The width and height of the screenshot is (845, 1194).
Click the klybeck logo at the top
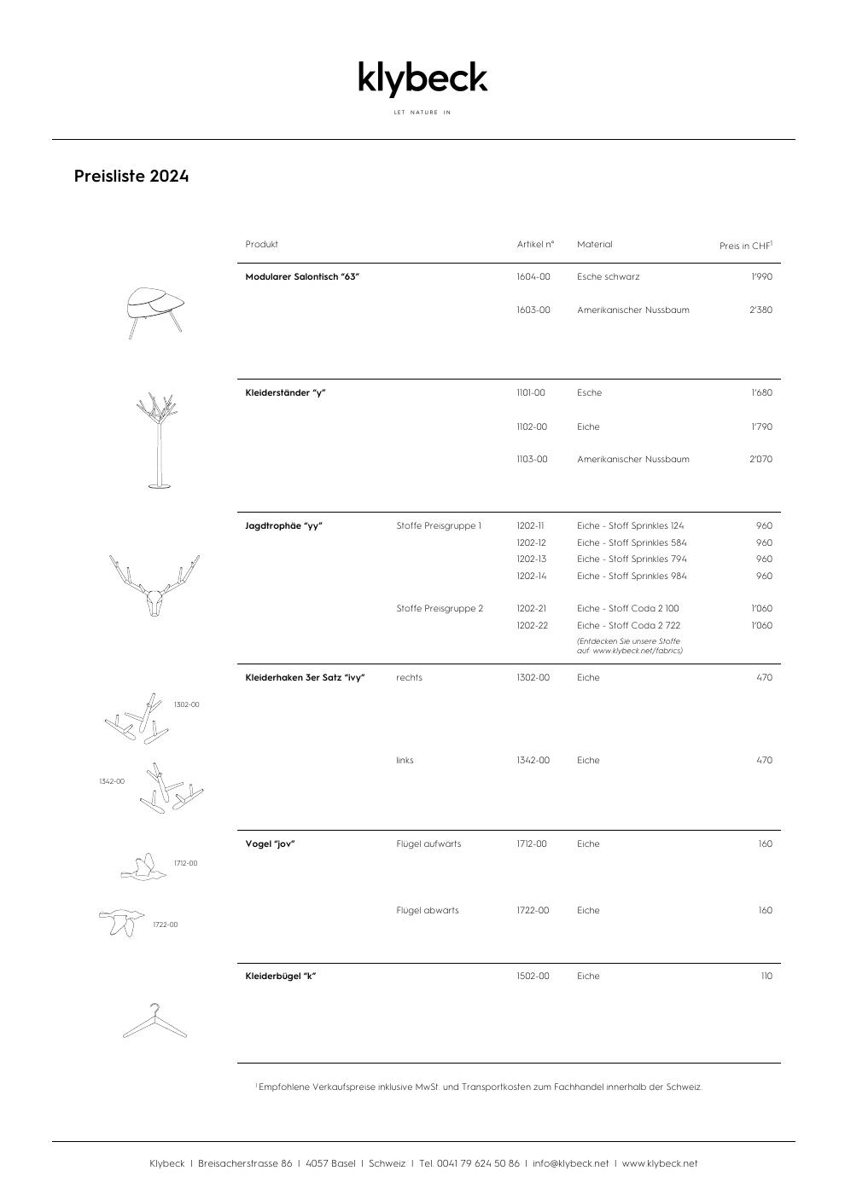(x=422, y=78)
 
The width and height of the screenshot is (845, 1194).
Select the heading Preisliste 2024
(x=131, y=177)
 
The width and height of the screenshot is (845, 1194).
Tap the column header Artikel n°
(x=535, y=245)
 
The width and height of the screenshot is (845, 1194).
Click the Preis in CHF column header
(x=745, y=246)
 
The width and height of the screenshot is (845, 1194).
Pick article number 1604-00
(x=533, y=277)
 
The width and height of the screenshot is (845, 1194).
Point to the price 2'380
(x=760, y=310)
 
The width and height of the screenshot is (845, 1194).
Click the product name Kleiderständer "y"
(x=286, y=393)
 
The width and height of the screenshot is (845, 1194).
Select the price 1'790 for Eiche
(x=761, y=426)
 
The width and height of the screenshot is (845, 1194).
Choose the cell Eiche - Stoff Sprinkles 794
(x=632, y=559)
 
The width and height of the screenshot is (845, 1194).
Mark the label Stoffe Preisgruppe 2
(x=440, y=609)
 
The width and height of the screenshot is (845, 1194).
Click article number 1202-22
(x=532, y=626)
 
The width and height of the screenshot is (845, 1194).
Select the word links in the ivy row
(x=405, y=761)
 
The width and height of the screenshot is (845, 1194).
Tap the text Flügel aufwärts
(x=428, y=844)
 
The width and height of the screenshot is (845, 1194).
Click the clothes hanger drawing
(x=154, y=1022)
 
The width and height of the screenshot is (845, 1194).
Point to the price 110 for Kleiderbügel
(x=766, y=977)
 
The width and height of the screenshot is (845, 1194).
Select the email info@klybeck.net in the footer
(x=571, y=1164)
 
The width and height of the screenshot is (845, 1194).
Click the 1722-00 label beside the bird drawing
(x=166, y=925)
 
